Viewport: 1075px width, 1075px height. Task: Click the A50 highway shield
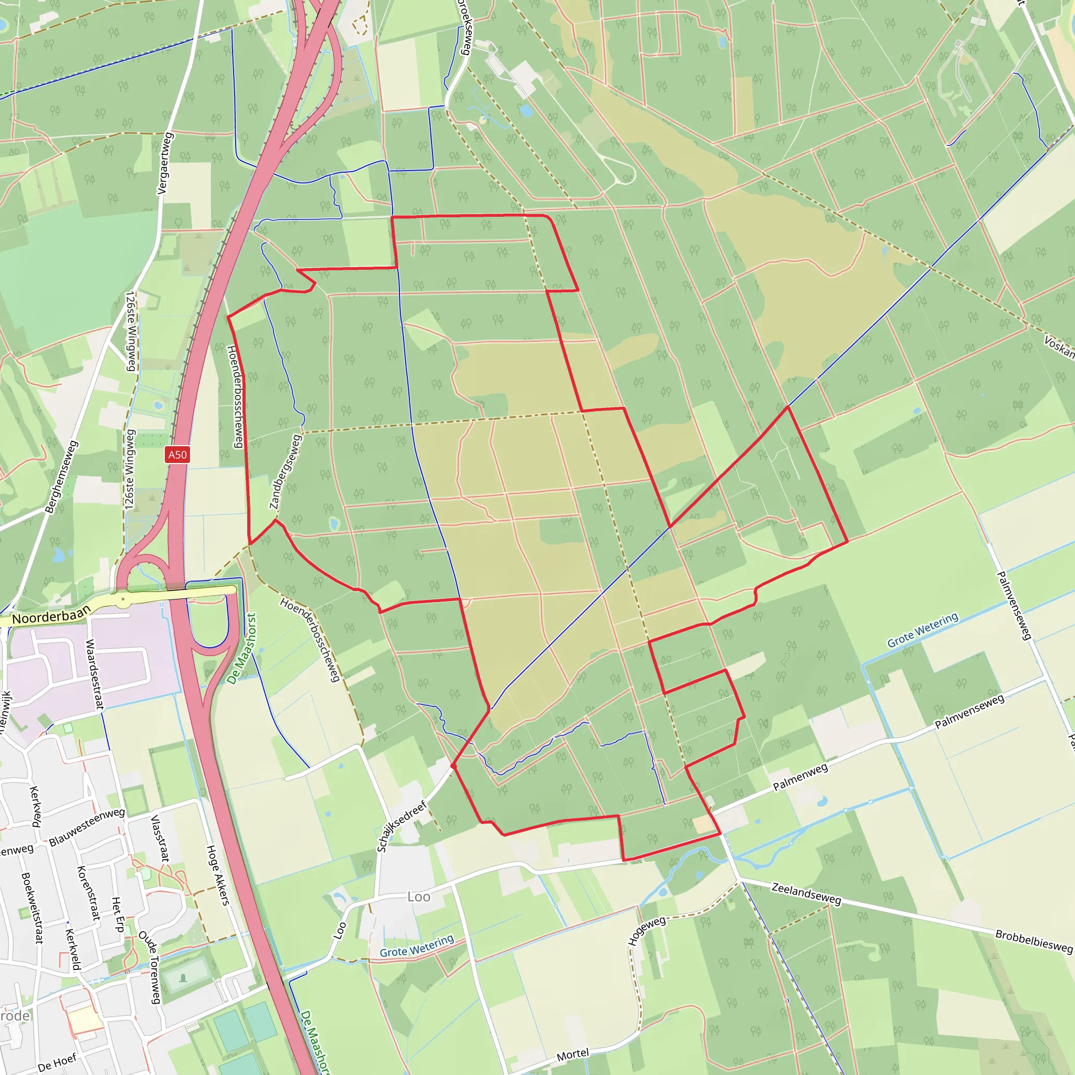177,455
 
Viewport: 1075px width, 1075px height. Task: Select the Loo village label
418,897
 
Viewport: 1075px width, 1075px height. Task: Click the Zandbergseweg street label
285,472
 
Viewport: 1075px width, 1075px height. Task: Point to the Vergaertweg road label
165,163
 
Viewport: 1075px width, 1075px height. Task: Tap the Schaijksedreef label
401,826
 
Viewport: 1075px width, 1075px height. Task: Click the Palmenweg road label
800,777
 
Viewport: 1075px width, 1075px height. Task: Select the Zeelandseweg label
806,893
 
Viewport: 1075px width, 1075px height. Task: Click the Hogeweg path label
647,930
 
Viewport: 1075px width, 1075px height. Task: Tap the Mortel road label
573,1054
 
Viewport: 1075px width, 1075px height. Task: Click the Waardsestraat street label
94,674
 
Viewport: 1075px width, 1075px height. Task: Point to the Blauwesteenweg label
87,827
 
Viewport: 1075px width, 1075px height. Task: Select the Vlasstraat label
160,838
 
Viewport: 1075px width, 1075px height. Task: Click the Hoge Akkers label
217,874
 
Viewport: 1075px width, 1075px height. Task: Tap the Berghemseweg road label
61,477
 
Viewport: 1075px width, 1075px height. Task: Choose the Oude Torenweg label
150,967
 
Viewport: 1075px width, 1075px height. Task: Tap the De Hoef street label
57,1063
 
